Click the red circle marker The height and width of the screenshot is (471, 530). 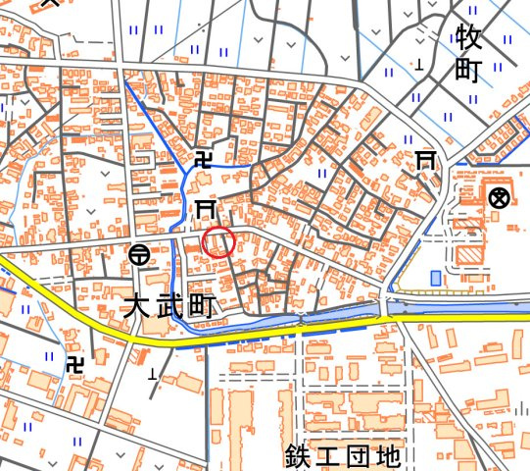tap(218, 241)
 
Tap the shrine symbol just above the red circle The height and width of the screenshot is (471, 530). tap(204, 208)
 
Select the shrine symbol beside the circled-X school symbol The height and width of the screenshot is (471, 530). tap(426, 160)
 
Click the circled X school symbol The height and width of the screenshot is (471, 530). tap(500, 197)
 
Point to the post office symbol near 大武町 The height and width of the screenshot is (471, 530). tap(139, 255)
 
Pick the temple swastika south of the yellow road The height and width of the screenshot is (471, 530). tap(75, 364)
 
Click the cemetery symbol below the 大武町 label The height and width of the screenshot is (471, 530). tap(152, 374)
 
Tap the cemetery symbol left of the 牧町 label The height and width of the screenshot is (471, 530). tap(419, 66)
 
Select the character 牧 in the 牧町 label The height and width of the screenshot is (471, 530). tap(469, 38)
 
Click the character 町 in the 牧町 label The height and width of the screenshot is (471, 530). tap(469, 71)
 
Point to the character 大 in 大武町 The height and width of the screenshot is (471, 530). tap(136, 306)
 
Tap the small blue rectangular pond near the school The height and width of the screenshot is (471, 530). tap(435, 278)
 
